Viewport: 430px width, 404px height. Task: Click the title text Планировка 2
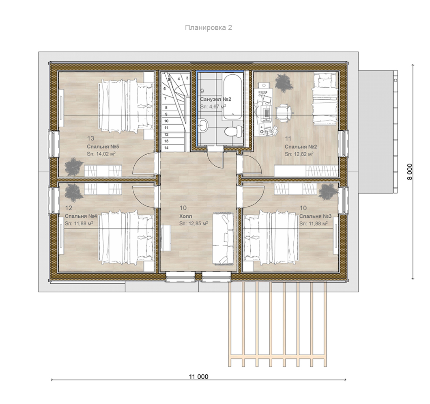pos(209,28)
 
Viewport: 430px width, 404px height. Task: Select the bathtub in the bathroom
pos(232,97)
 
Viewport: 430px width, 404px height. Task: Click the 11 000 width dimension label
pos(198,376)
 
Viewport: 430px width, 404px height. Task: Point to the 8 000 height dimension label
pos(409,172)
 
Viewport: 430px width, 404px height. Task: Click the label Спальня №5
pos(99,147)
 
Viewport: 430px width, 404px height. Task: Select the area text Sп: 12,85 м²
pos(193,223)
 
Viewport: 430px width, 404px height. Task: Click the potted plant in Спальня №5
pos(74,166)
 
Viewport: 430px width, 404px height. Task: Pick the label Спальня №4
pos(77,216)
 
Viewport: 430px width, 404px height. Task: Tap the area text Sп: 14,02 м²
pos(101,154)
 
